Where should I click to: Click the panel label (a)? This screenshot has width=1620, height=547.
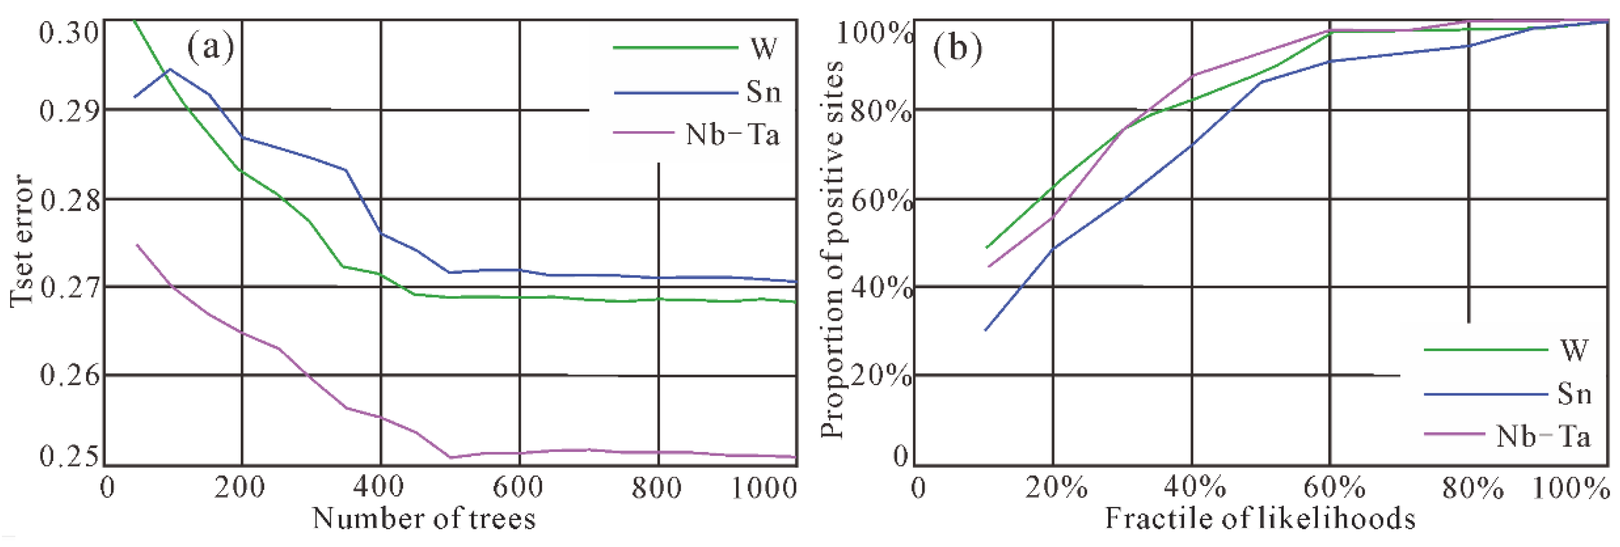point(210,48)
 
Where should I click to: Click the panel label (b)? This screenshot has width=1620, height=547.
point(957,48)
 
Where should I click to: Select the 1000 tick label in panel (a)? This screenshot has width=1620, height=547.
point(764,487)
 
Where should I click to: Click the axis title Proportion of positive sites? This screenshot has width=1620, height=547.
point(832,249)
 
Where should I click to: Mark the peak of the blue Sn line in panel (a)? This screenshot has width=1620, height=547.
point(170,69)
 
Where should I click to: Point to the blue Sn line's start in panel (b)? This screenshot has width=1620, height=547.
point(985,330)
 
